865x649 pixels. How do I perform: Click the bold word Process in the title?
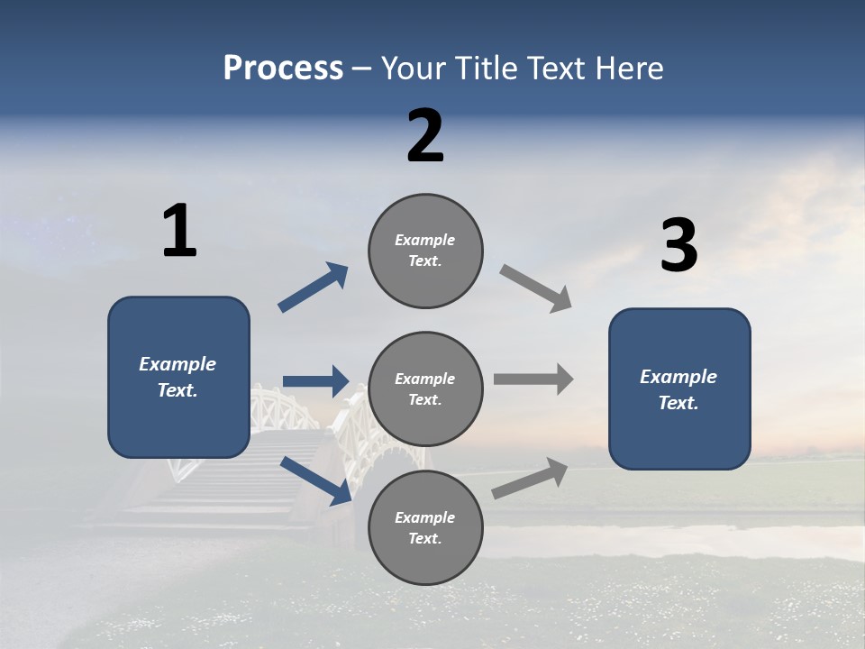[283, 69]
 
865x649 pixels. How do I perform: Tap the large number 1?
[179, 231]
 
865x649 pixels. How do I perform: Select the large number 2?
[425, 136]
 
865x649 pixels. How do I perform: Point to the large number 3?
[678, 247]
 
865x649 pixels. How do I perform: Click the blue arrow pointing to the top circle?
[313, 288]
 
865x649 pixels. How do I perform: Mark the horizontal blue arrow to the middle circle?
[315, 381]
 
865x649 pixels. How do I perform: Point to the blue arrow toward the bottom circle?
[315, 480]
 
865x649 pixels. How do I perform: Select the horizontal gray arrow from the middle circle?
[533, 379]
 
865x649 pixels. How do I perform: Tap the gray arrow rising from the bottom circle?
[530, 478]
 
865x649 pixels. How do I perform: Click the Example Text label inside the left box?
[178, 377]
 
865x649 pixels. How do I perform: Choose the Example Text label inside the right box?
[678, 389]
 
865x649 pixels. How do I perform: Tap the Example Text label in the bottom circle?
[425, 527]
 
